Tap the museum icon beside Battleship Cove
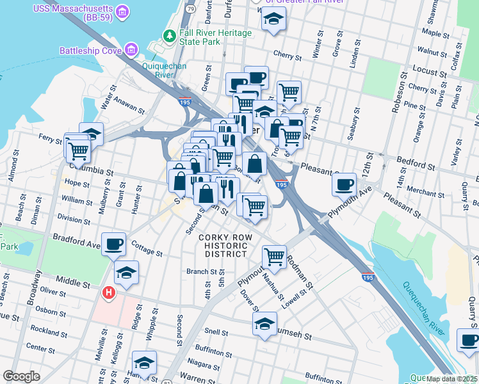point(131,49)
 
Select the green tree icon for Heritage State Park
point(170,36)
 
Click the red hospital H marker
point(109,293)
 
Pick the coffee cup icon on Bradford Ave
point(115,243)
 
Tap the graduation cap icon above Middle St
point(126,273)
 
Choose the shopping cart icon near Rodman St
point(275,256)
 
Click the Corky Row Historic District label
point(222,245)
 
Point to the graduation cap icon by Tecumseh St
point(264,324)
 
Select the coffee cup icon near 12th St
point(345,184)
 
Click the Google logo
point(21,376)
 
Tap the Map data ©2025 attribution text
point(452,379)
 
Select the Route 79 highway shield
point(191,10)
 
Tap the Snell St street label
point(215,333)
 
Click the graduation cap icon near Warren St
point(144,364)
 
